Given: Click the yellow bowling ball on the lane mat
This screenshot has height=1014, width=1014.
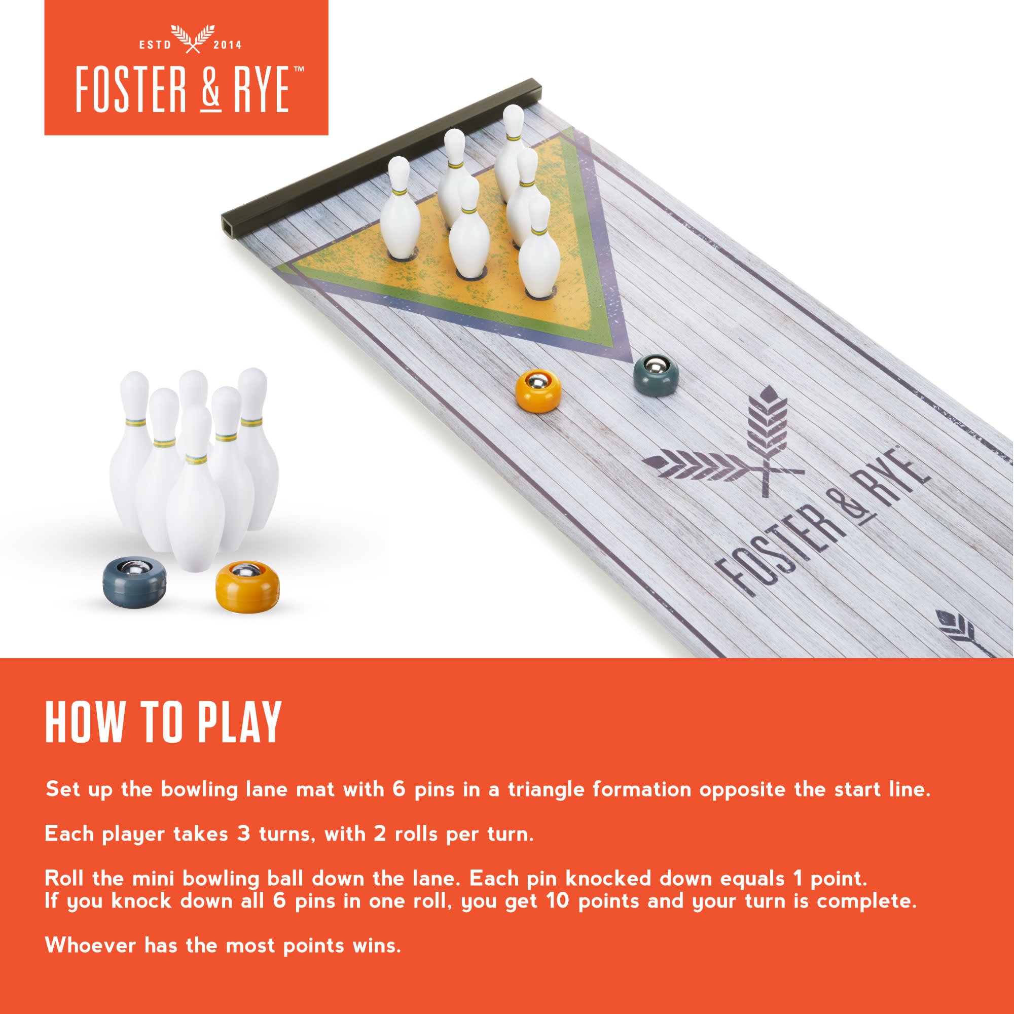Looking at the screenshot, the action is pyautogui.click(x=538, y=391).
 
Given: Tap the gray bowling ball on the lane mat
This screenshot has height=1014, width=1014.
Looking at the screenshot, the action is pyautogui.click(x=656, y=375).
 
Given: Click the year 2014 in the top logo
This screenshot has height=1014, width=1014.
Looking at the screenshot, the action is pyautogui.click(x=228, y=45).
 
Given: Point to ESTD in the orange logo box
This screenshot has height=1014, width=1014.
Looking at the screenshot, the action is pyautogui.click(x=155, y=45).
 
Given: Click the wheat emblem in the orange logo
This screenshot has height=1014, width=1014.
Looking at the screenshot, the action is pyautogui.click(x=192, y=39).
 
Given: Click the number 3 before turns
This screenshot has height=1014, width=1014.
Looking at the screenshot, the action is pyautogui.click(x=243, y=834).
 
